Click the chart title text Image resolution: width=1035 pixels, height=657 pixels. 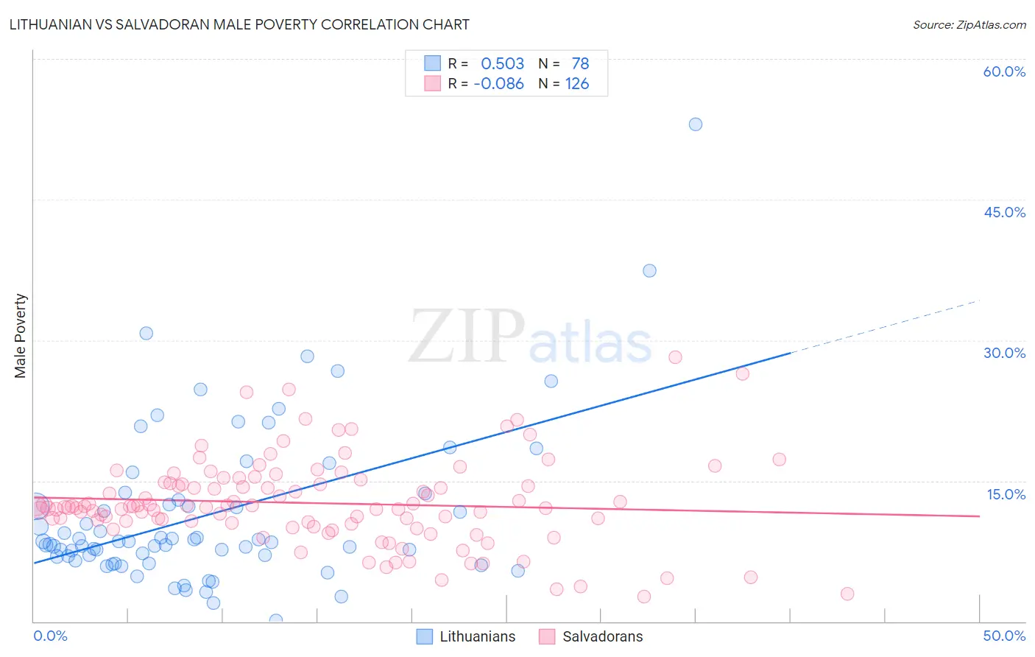point(239,25)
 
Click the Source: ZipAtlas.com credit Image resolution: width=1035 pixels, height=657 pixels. point(969,25)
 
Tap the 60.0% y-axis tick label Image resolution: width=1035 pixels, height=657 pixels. point(1004,71)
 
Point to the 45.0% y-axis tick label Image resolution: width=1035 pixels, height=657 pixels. point(1004,212)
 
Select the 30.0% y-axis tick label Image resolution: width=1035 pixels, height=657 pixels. point(1004,353)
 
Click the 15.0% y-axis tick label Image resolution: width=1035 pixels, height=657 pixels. point(1006,494)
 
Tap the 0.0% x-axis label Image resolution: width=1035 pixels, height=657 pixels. point(50,636)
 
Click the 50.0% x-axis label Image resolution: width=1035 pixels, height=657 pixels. point(1004,636)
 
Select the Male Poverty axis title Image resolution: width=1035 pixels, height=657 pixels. point(21,336)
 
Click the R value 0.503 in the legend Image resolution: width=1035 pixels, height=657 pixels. point(502,64)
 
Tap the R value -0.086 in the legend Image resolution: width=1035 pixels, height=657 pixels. point(498,84)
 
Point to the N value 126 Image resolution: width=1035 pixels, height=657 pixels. point(577,84)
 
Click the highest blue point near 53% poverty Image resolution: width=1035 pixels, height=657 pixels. point(695,124)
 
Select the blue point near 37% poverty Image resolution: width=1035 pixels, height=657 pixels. point(649,270)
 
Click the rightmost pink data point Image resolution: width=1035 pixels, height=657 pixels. point(847,594)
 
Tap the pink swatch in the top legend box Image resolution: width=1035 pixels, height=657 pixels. point(432,84)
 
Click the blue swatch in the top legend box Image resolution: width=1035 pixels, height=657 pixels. point(432,64)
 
